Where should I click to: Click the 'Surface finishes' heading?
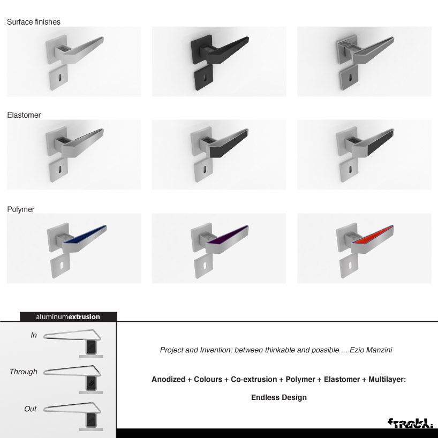(x=34, y=22)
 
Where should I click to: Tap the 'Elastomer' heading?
(x=24, y=115)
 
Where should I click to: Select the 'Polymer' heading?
(x=21, y=209)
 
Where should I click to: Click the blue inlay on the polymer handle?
(x=85, y=234)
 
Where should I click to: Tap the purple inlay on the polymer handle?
(x=227, y=234)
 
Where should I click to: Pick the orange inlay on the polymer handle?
(x=372, y=234)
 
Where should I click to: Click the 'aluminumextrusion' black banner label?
(x=68, y=316)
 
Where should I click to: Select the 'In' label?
(x=34, y=335)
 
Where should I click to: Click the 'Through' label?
(x=24, y=372)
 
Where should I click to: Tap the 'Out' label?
(x=30, y=409)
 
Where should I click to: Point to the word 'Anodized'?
(x=168, y=379)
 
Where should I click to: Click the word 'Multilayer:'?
(x=387, y=379)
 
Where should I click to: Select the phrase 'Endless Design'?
(x=279, y=397)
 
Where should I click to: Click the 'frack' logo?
(x=410, y=422)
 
